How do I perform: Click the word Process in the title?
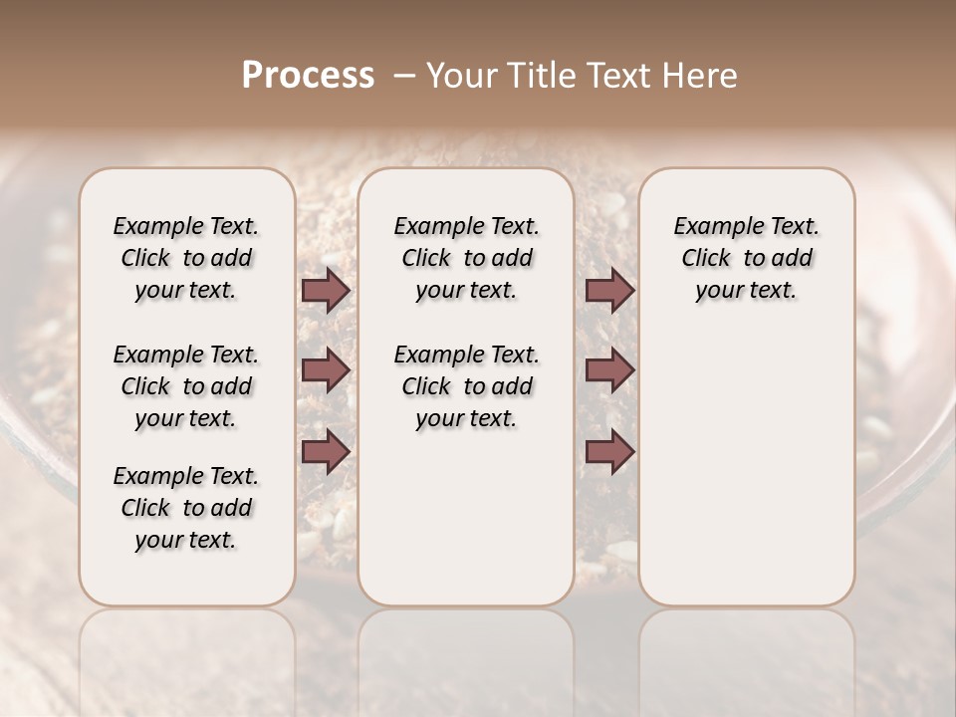tap(308, 76)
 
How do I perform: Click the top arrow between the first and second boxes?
tap(327, 290)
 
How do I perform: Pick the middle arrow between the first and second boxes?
tap(327, 370)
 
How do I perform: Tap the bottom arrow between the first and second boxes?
tap(327, 451)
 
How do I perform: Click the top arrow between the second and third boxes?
tap(609, 290)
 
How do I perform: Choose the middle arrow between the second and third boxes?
tap(609, 370)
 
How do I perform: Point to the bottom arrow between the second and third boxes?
tap(609, 451)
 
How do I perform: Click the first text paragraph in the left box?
tap(186, 258)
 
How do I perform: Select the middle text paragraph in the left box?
tap(186, 386)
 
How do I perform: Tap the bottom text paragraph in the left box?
tap(186, 508)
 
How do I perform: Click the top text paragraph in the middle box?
tap(466, 258)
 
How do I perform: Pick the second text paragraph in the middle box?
tap(466, 386)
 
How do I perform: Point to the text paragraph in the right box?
tap(747, 258)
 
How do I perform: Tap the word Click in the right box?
tap(706, 259)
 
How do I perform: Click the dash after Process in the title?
tap(404, 76)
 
